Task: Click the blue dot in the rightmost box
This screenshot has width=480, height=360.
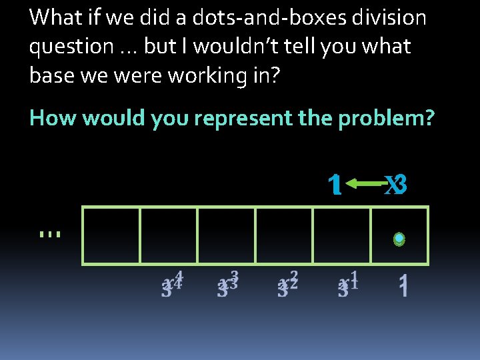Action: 399,238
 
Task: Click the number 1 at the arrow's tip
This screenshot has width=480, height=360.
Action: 336,185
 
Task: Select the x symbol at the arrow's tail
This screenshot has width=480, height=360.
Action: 395,185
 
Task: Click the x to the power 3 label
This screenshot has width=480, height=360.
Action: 228,283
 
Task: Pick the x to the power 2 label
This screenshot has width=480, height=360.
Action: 287,283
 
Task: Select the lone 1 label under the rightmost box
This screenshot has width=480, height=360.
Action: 403,287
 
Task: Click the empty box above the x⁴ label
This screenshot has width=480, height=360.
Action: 169,235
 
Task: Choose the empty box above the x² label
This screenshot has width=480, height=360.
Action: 284,235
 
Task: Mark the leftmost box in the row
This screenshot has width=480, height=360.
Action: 111,235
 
